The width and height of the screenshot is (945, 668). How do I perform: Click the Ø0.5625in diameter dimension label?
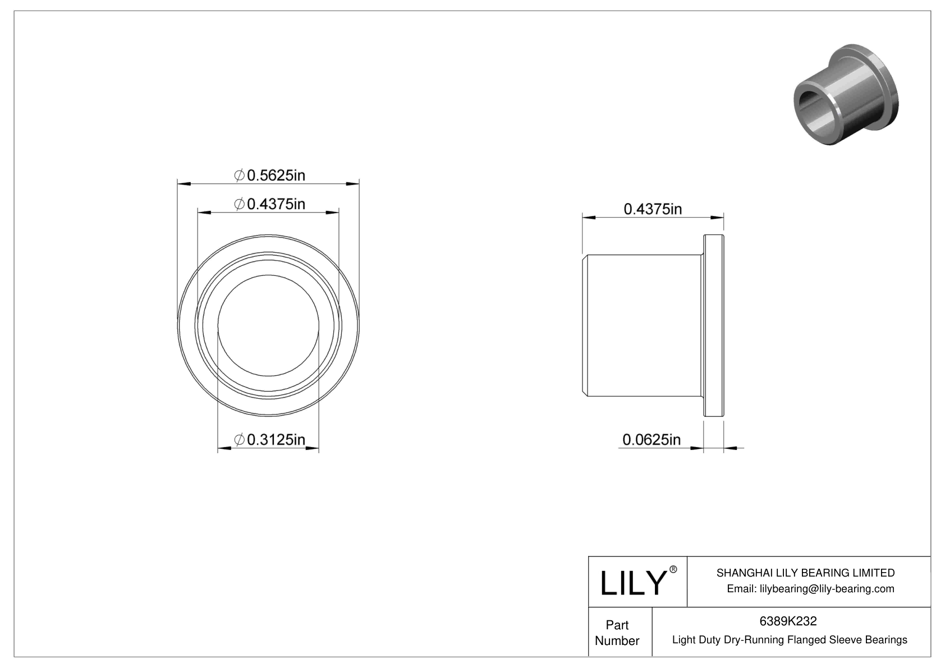click(269, 176)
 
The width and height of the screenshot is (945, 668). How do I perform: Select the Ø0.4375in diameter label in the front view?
click(269, 204)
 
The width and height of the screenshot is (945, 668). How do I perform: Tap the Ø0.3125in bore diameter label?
click(269, 440)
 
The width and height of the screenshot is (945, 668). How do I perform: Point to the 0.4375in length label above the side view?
click(653, 209)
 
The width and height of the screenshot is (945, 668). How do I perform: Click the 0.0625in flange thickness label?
click(651, 439)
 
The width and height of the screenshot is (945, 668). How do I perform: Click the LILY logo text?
click(632, 583)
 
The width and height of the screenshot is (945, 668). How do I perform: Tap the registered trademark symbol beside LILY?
click(673, 569)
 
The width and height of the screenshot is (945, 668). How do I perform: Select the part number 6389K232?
click(788, 621)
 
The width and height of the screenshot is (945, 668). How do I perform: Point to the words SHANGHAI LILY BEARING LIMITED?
click(805, 573)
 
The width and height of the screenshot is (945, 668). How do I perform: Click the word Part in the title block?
click(617, 625)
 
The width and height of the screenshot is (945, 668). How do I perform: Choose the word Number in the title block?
click(617, 641)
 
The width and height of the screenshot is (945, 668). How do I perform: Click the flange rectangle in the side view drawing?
click(713, 325)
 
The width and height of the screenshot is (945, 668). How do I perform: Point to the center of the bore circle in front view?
click(268, 325)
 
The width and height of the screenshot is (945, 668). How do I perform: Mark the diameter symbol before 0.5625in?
click(238, 176)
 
